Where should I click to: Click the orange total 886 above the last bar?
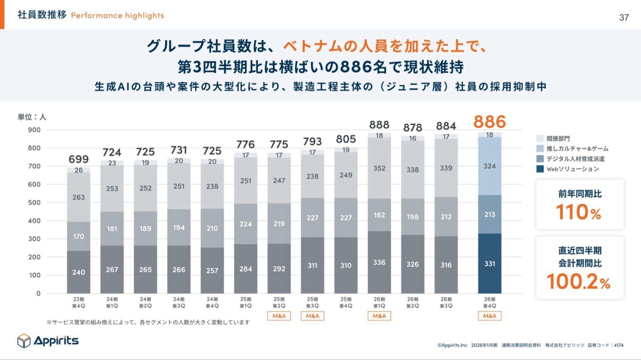(x=489, y=122)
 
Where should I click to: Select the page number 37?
(x=624, y=18)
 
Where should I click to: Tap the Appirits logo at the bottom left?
(x=48, y=340)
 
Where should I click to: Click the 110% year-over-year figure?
(x=579, y=213)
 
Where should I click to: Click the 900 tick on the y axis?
(x=34, y=130)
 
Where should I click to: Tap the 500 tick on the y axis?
(x=34, y=202)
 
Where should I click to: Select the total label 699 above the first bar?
(x=79, y=160)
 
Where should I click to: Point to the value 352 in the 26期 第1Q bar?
(x=379, y=168)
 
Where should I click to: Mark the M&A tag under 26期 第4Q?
(x=489, y=316)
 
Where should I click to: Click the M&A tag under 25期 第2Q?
(x=279, y=316)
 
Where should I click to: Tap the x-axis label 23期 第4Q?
(x=79, y=302)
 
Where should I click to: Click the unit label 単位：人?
(x=32, y=117)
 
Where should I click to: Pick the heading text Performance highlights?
(x=117, y=16)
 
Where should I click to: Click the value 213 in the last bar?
(x=489, y=214)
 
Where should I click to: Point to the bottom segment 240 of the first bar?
(x=79, y=272)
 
